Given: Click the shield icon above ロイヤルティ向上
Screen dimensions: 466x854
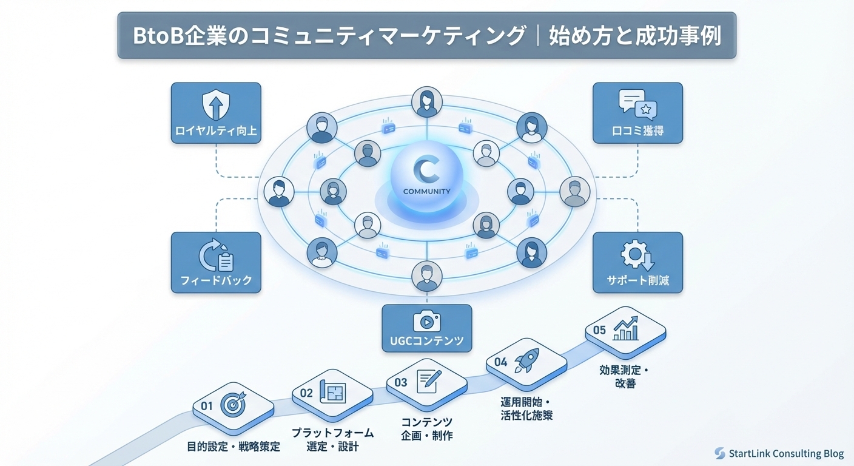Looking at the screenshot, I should pos(216,105).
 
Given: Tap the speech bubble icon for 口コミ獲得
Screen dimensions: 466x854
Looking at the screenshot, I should pos(637,105).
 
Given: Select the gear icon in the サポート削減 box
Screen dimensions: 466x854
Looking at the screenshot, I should pos(637,255).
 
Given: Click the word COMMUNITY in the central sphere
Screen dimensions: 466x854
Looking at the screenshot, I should pos(427,192).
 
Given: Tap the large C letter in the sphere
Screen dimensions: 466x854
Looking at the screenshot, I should pos(426,171).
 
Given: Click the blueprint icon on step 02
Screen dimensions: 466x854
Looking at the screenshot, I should pos(332,392).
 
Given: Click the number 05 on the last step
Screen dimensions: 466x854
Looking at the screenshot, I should pos(599,330).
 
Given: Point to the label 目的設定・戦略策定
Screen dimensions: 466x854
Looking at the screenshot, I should pos(234,447).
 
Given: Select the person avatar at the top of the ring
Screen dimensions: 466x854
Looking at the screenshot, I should pos(427,102).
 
